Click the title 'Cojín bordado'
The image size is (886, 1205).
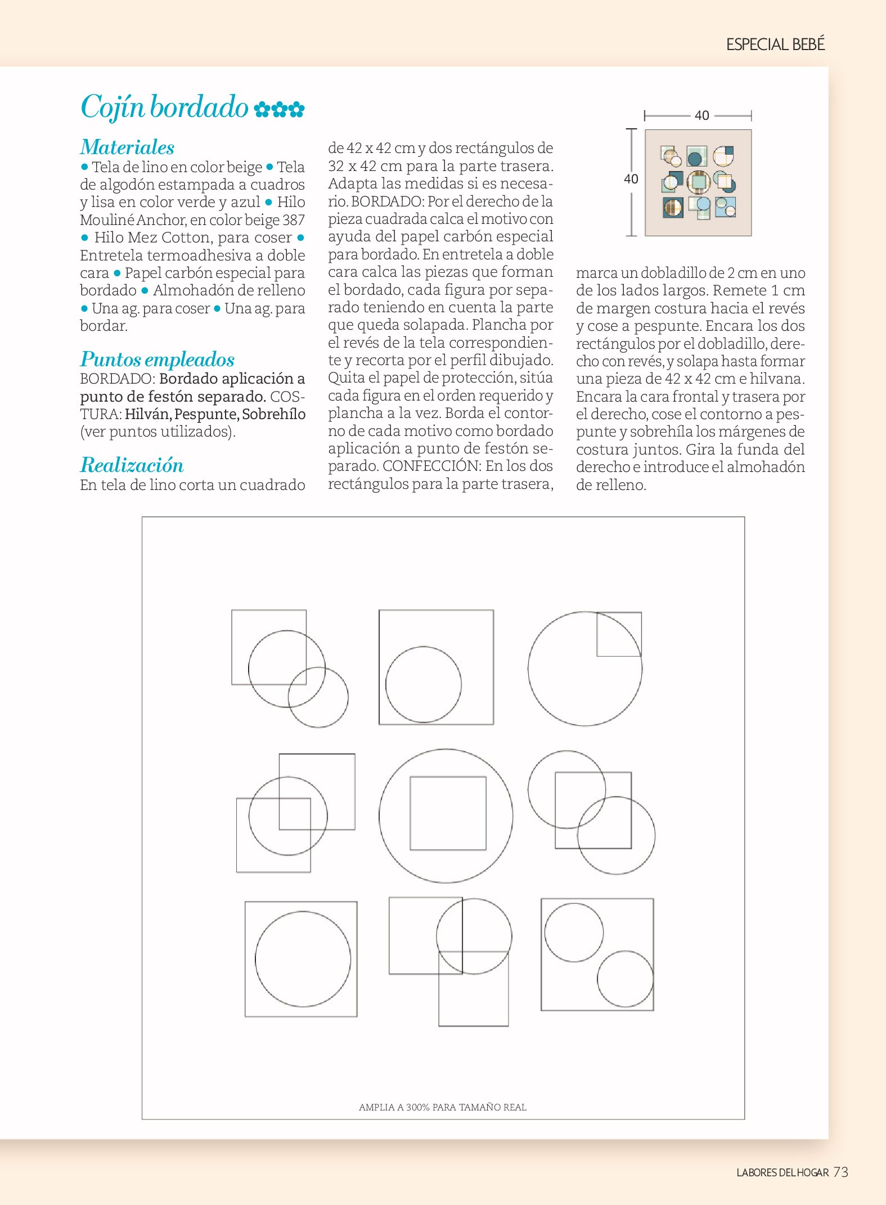coord(164,107)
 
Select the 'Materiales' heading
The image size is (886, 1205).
coord(127,147)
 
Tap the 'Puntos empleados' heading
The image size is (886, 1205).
coord(157,359)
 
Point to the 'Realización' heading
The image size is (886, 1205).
coord(132,465)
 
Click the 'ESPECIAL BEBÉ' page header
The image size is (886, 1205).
coord(775,44)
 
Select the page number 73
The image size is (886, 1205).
coord(841,1172)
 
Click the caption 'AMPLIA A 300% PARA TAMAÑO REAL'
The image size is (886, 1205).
coord(443,1107)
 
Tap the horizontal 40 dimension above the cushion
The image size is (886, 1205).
coord(701,116)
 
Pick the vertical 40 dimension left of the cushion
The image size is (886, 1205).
coord(631,179)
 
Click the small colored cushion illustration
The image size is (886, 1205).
coord(698,183)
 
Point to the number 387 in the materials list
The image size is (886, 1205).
coord(294,220)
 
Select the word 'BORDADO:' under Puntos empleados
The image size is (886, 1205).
coord(118,379)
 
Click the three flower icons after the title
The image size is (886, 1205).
coord(279,109)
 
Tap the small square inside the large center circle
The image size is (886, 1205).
coord(448,813)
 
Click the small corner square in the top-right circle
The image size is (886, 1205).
coord(619,634)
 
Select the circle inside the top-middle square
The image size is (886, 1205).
coord(423,685)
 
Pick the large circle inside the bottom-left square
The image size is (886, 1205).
coord(303,959)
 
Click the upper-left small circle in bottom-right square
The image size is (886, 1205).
coord(574,932)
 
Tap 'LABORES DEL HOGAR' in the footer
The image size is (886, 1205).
coord(782,1172)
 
